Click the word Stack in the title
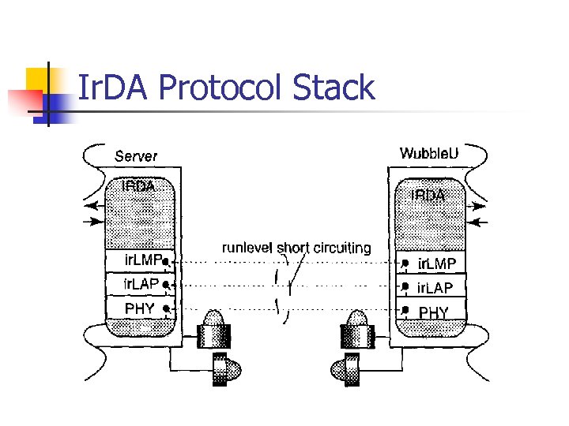[333, 88]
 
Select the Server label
[136, 157]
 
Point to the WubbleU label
[429, 153]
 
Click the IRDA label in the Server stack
[138, 187]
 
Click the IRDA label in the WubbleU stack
[428, 194]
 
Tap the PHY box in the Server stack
[141, 308]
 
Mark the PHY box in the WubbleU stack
[433, 312]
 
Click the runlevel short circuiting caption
[296, 248]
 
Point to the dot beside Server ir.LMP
[166, 260]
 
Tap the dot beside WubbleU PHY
[405, 309]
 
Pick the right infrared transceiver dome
[358, 320]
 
